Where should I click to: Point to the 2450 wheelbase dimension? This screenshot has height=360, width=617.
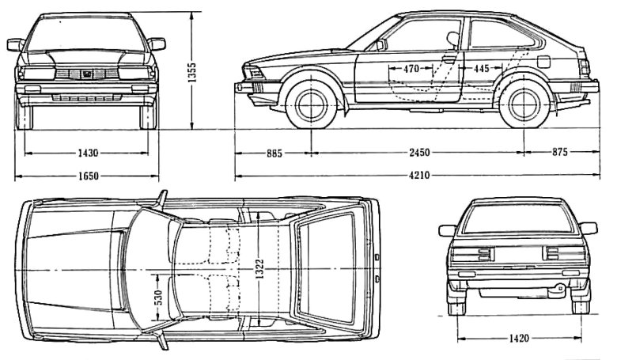pyautogui.click(x=421, y=152)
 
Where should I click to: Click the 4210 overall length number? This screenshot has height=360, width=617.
pyautogui.click(x=421, y=176)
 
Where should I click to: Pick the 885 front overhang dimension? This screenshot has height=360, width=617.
pyautogui.click(x=274, y=152)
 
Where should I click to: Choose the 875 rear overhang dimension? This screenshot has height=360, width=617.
pyautogui.click(x=560, y=152)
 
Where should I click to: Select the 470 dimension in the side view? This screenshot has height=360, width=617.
pyautogui.click(x=411, y=69)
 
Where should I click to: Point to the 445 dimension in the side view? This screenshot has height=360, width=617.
pyautogui.click(x=482, y=69)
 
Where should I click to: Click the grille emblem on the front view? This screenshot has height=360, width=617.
pyautogui.click(x=88, y=74)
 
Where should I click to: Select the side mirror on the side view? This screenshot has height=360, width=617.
pyautogui.click(x=381, y=45)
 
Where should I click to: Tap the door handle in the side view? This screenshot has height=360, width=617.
pyautogui.click(x=449, y=59)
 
